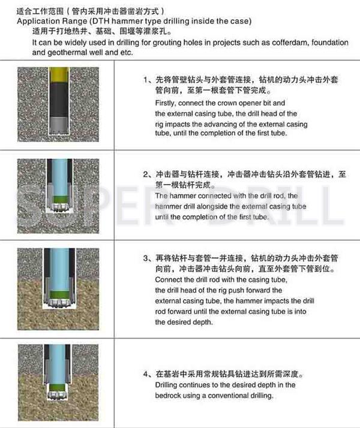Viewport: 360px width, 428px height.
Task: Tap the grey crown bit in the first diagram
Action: [59, 125]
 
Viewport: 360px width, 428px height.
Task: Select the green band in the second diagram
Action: [59, 199]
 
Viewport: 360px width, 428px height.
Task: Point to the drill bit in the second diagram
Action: [59, 207]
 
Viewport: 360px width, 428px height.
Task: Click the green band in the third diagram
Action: [59, 295]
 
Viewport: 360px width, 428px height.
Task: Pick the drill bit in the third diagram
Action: [59, 303]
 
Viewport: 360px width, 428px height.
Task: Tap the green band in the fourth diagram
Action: [58, 388]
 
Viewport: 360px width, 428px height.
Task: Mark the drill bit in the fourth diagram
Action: [58, 395]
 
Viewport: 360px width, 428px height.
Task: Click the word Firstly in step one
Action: [165, 103]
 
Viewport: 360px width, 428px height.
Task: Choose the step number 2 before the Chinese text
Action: [146, 174]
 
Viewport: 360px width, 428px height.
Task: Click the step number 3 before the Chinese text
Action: [146, 258]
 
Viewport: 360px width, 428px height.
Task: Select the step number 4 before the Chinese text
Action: [146, 373]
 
